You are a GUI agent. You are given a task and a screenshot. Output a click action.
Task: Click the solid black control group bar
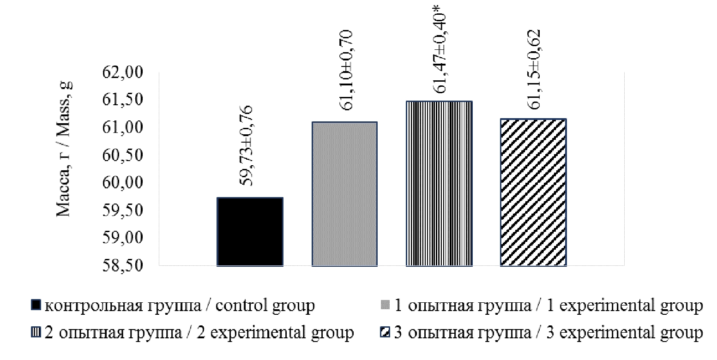pos(250,232)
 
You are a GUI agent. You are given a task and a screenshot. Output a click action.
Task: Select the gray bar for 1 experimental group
pos(344,194)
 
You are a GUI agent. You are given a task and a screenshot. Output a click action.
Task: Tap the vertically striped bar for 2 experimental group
pos(439,183)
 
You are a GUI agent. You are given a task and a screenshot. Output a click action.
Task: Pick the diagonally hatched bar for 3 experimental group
pos(533,192)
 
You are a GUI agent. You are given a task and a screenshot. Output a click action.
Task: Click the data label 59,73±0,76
pos(250,146)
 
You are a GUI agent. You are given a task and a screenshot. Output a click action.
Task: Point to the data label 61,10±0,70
pos(344,70)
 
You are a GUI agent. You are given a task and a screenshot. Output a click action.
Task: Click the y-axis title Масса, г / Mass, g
pos(65,149)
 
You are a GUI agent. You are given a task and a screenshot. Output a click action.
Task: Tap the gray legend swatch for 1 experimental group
pos(386,306)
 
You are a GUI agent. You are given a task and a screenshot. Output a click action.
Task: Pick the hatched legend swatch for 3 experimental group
pos(386,332)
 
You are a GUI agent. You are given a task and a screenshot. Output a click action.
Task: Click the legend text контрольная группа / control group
pos(179,306)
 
